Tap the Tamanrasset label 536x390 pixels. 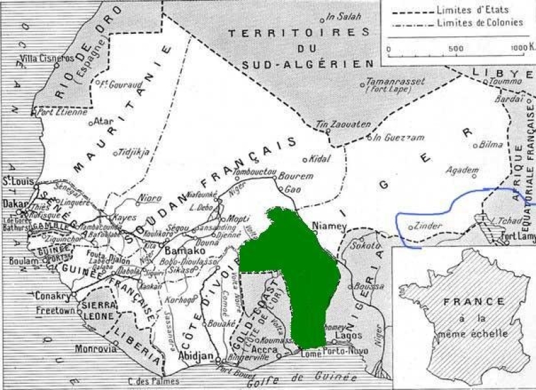[395, 82]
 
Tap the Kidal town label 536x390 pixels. [322, 159]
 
